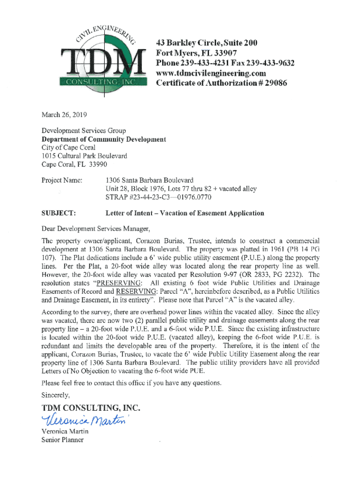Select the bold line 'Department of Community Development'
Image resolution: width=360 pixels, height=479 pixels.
(x=103, y=139)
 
